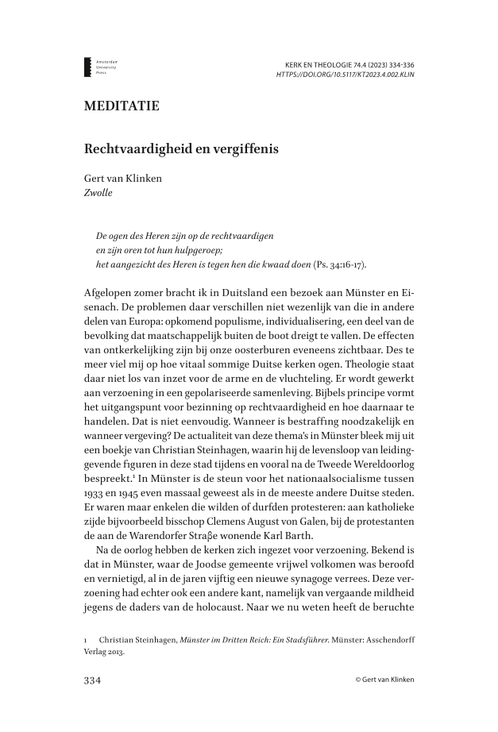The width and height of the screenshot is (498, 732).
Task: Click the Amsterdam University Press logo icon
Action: tap(87, 67)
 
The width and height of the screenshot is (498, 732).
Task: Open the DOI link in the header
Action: tap(345, 75)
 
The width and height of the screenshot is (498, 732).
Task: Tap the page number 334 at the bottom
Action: tap(94, 680)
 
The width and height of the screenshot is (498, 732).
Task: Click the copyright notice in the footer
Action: tap(385, 680)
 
